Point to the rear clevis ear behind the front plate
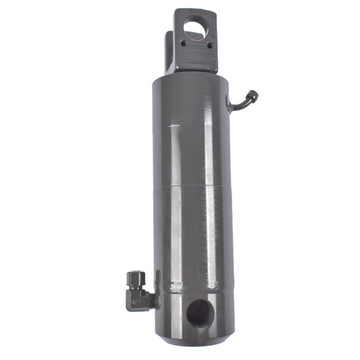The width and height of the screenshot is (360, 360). (171, 51)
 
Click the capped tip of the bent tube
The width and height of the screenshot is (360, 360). (254, 94)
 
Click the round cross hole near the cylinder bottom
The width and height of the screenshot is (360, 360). (198, 312)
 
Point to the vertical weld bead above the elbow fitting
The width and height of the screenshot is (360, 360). (157, 279)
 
